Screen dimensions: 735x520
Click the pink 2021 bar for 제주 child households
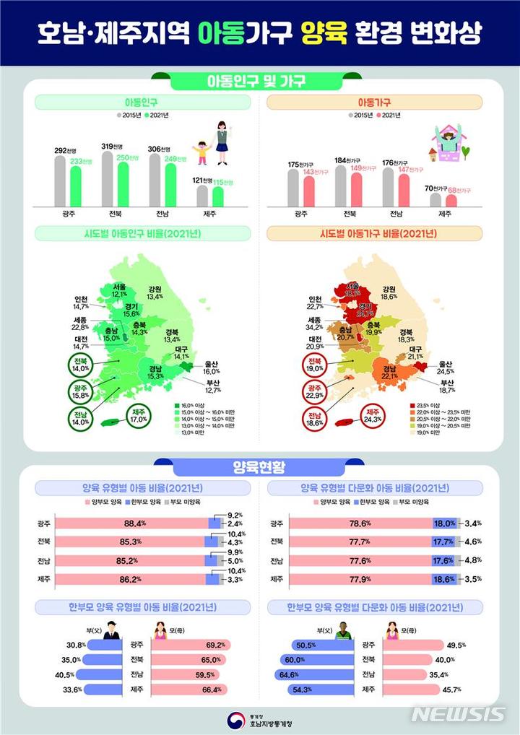pos(451,200)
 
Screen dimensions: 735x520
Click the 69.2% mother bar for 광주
pos(191,645)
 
